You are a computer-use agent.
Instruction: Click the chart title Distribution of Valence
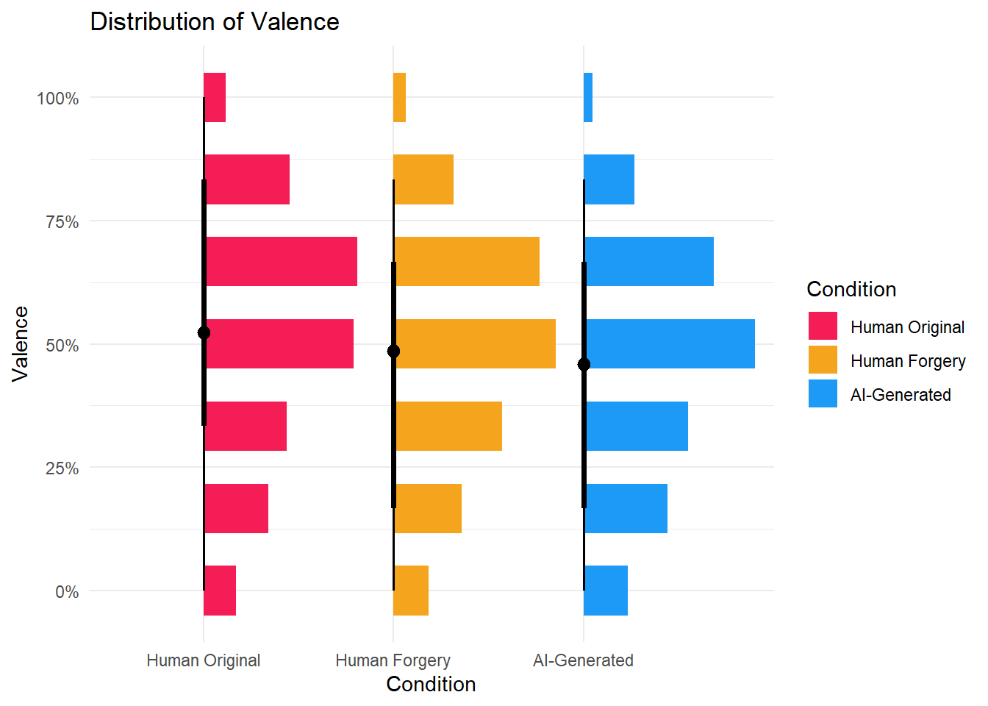click(215, 22)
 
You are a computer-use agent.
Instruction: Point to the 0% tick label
click(67, 592)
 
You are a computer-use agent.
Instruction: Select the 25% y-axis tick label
click(62, 468)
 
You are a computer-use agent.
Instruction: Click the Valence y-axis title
click(21, 343)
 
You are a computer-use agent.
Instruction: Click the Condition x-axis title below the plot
click(431, 684)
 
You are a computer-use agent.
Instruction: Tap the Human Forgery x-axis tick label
click(393, 660)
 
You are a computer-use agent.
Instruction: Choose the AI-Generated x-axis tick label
click(583, 660)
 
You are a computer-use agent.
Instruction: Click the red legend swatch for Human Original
click(823, 326)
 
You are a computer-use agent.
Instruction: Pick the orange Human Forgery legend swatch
click(823, 360)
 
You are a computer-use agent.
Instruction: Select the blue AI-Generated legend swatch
click(823, 393)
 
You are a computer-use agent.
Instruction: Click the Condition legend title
click(851, 289)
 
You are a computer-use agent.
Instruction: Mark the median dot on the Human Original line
click(204, 333)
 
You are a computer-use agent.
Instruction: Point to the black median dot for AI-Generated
click(584, 365)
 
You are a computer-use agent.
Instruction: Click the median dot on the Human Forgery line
click(393, 352)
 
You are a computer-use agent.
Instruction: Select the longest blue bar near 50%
click(670, 343)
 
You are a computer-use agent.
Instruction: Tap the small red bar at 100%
click(215, 97)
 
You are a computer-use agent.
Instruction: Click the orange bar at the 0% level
click(411, 591)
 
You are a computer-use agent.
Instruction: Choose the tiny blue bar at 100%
click(588, 97)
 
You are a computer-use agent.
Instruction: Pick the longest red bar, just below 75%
click(281, 261)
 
